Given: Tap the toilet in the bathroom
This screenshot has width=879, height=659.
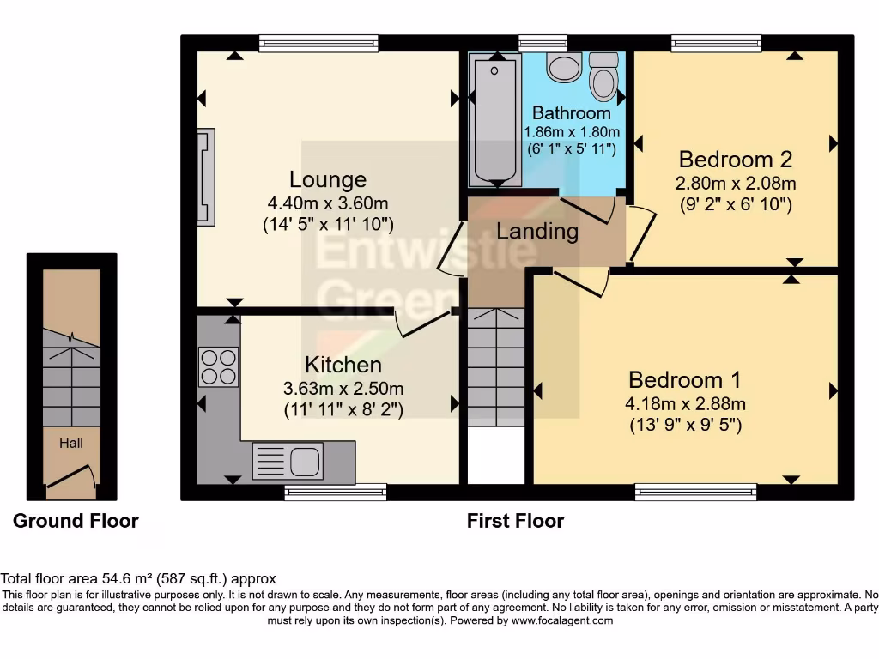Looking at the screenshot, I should click(604, 77).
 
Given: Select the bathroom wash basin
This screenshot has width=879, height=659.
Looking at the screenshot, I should click(564, 66).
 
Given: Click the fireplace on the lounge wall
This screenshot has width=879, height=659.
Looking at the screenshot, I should click(205, 177).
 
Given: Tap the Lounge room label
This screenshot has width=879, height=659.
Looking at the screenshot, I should click(327, 180).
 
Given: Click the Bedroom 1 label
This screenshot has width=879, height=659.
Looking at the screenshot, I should click(684, 380).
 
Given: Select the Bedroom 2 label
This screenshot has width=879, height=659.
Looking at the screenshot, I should click(735, 160).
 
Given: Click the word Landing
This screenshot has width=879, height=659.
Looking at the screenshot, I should click(537, 231).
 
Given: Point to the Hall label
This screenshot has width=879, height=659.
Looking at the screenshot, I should click(71, 443).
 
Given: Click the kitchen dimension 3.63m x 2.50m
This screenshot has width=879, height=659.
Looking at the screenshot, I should click(343, 388).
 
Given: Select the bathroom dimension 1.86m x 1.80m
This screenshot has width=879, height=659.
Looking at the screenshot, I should click(572, 132).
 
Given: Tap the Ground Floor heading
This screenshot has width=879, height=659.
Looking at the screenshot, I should click(76, 521).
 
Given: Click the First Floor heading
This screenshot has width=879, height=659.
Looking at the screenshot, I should click(515, 521).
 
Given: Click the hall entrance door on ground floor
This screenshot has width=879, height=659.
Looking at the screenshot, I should click(70, 479).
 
